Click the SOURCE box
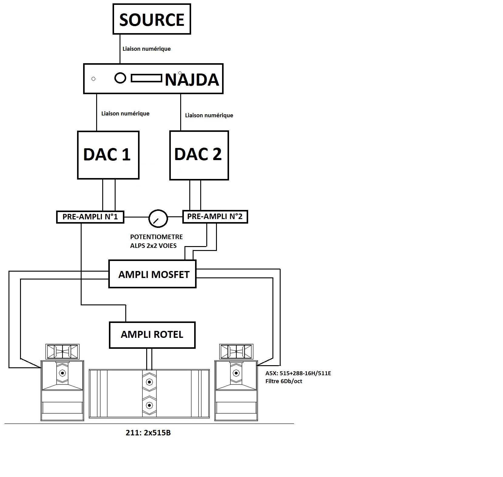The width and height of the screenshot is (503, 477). click(152, 19)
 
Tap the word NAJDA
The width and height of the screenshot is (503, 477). click(192, 80)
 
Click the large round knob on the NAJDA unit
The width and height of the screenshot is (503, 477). click(120, 78)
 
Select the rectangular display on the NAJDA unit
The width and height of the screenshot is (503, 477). click(146, 79)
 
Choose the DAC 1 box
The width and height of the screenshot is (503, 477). click(108, 155)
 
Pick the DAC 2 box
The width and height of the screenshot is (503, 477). click(199, 155)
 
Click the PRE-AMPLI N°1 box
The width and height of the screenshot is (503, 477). click(90, 217)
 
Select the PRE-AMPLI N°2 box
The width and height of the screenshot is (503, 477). click(215, 217)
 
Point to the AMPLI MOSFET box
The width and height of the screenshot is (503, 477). click(152, 274)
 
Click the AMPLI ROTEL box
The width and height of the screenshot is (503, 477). click(152, 335)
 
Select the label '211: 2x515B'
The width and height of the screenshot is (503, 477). click(148, 433)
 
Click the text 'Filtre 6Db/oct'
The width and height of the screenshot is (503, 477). click(284, 381)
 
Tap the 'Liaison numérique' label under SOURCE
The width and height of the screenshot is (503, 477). click(147, 49)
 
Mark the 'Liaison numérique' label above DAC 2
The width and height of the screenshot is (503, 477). click(209, 115)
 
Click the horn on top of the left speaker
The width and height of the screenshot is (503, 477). click(62, 352)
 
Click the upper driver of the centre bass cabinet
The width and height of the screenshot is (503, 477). click(149, 382)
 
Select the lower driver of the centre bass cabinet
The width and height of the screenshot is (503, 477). click(149, 405)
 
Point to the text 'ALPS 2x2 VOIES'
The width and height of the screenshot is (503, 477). click(153, 245)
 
